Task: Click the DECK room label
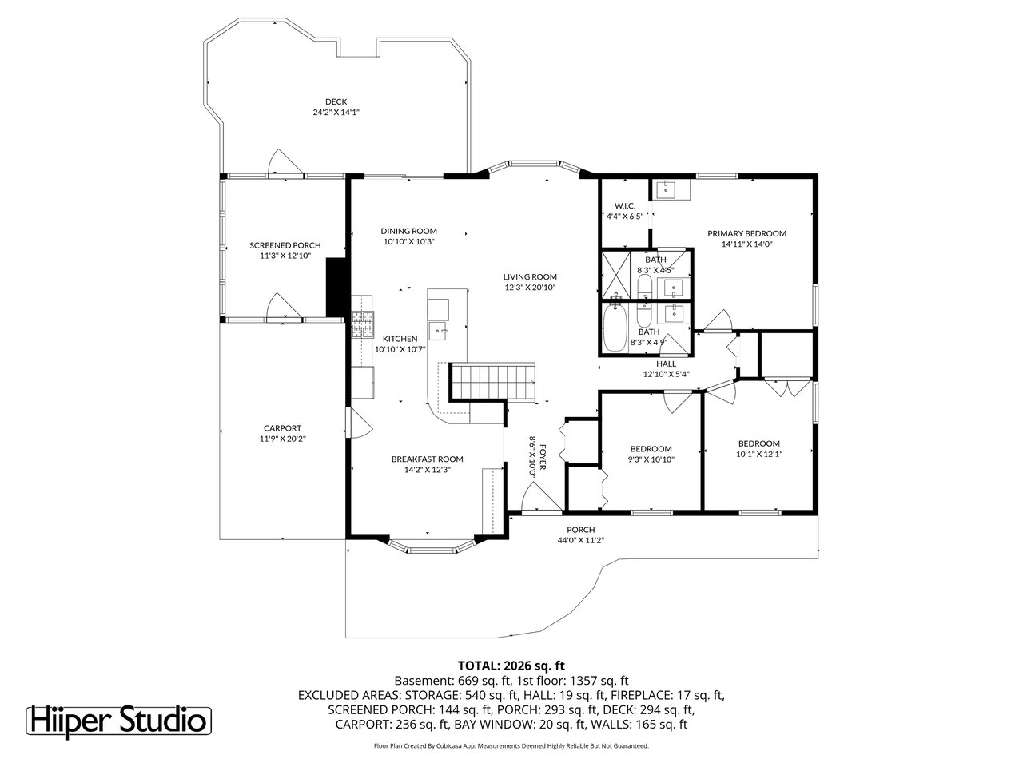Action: coord(336,101)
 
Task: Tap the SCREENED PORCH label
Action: coord(285,245)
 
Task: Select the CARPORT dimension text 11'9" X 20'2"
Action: coord(284,439)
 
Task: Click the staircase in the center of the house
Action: coord(492,380)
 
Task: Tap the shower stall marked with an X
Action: coord(615,275)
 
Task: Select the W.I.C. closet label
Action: coord(625,205)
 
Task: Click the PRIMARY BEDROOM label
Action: coord(746,233)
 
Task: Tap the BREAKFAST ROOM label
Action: coord(427,459)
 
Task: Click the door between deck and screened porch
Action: coord(285,163)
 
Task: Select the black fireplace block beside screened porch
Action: coord(336,286)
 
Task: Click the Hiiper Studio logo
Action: coord(120,720)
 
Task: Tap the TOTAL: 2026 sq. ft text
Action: coord(511,665)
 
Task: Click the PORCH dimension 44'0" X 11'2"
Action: coord(580,540)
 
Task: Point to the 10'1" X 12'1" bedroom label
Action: coord(758,454)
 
